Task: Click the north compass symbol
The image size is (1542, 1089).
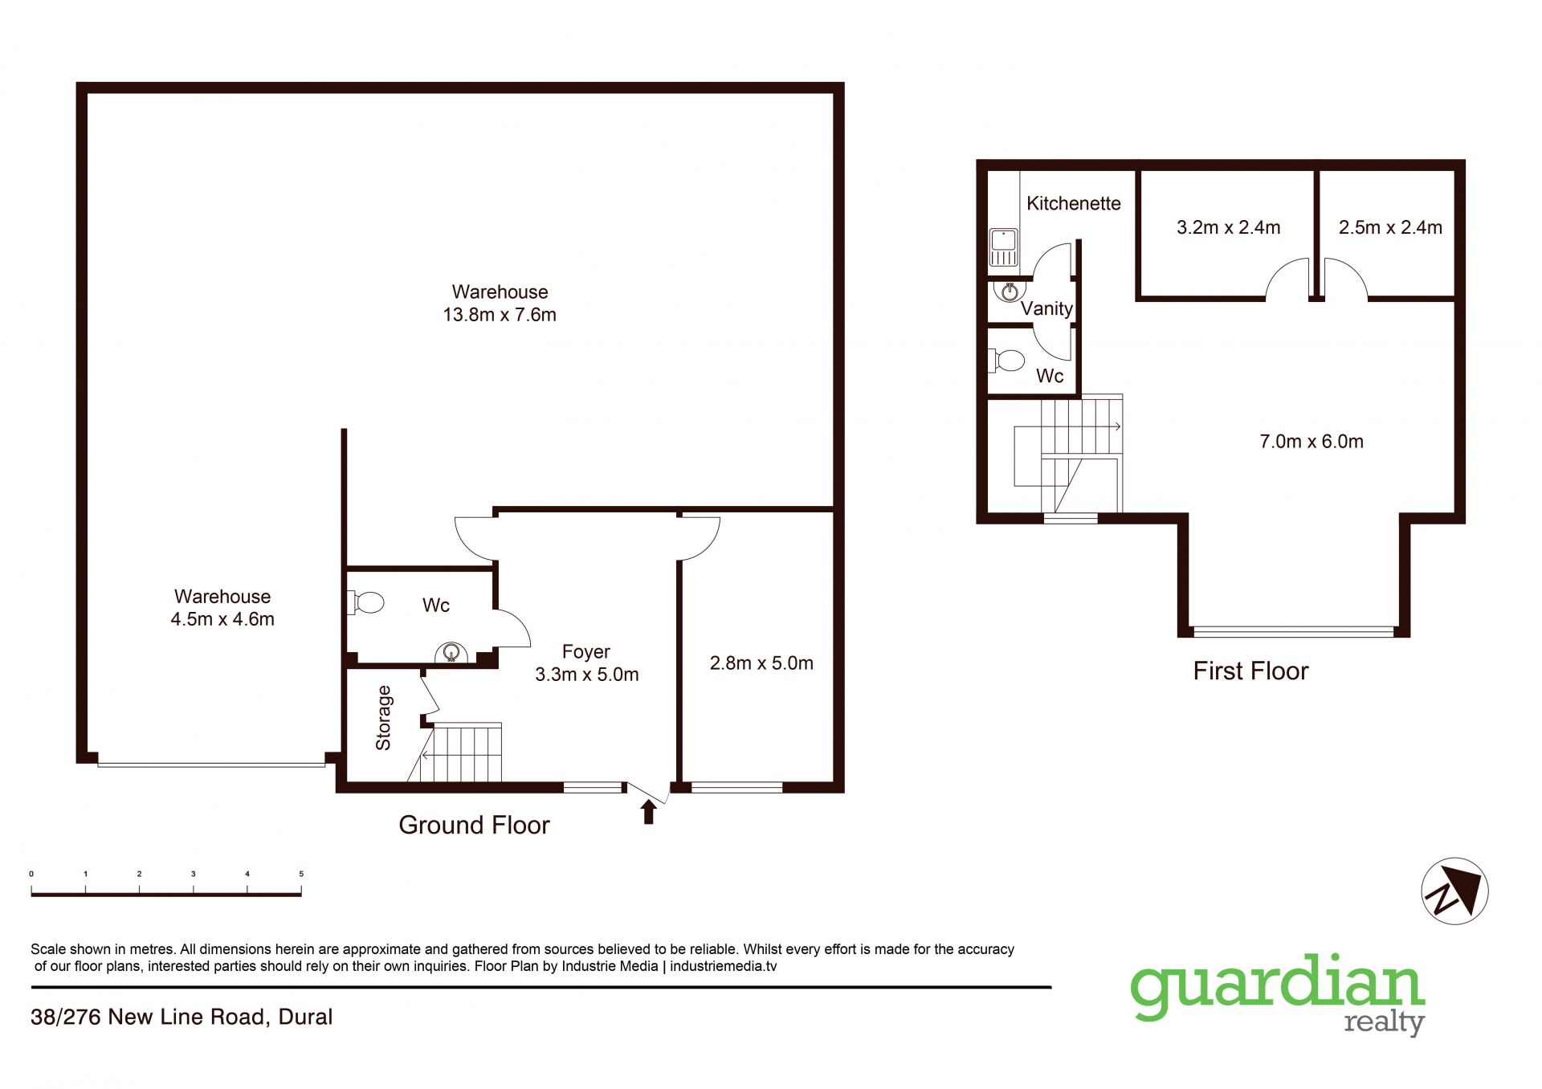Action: point(1454,891)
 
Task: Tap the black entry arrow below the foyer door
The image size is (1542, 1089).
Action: point(648,812)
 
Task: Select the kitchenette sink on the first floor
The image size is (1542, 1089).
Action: point(1003,247)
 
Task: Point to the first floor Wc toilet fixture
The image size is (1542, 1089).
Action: point(1006,360)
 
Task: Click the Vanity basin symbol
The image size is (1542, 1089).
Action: point(1010,290)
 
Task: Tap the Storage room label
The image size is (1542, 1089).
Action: point(383,718)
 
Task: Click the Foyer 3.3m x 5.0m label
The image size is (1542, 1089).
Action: point(587,663)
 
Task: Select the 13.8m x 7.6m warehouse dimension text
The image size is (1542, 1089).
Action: point(500,315)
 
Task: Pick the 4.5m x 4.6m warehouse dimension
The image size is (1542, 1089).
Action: point(222,619)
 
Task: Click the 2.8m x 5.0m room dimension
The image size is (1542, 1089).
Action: point(761,663)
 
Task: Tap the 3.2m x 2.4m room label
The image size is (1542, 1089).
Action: point(1228,227)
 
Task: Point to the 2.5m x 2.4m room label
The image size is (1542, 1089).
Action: point(1390,227)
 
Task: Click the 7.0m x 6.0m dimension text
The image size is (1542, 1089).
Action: point(1312,441)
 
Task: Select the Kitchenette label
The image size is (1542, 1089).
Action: point(1074,203)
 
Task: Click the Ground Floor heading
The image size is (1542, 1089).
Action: point(474,825)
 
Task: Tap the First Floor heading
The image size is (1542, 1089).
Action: point(1250,671)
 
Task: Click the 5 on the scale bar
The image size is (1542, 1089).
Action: point(301,874)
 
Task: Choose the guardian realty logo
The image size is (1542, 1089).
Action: point(1278,994)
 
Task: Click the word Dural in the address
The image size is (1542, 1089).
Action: point(305,1017)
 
